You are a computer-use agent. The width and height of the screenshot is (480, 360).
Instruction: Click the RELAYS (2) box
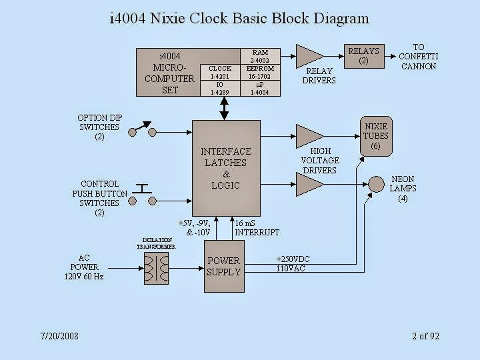pyautogui.click(x=363, y=55)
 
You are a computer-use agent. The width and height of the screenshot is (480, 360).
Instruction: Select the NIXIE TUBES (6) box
pyautogui.click(x=375, y=136)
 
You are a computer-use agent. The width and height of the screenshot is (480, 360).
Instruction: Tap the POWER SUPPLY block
pyautogui.click(x=223, y=266)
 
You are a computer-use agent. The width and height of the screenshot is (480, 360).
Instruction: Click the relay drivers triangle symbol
pyautogui.click(x=308, y=54)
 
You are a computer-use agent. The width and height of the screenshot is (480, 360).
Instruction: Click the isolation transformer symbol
pyautogui.click(x=157, y=269)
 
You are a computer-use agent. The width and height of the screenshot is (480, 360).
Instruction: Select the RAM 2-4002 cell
pyautogui.click(x=260, y=56)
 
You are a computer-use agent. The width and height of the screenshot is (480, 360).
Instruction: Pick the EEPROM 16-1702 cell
pyautogui.click(x=260, y=73)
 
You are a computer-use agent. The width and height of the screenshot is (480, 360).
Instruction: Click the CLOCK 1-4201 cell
pyautogui.click(x=220, y=73)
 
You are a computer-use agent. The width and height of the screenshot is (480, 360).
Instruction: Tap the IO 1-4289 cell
pyautogui.click(x=220, y=89)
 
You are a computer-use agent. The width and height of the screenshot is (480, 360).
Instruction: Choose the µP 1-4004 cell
pyautogui.click(x=260, y=89)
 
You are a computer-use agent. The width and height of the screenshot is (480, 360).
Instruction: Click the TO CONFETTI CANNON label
pyautogui.click(x=418, y=57)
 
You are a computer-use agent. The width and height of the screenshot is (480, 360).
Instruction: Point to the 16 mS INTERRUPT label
pyautogui.click(x=257, y=228)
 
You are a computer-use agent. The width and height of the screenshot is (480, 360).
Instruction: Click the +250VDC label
pyautogui.click(x=293, y=259)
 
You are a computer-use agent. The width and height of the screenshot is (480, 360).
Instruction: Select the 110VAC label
pyautogui.click(x=290, y=269)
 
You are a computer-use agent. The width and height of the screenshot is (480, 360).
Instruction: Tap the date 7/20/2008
pyautogui.click(x=59, y=336)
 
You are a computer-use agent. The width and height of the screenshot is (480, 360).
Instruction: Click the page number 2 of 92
pyautogui.click(x=425, y=336)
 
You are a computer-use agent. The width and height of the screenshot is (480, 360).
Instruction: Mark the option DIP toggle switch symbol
pyautogui.click(x=141, y=129)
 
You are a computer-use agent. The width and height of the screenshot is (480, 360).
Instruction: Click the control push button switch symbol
pyautogui.click(x=141, y=194)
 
